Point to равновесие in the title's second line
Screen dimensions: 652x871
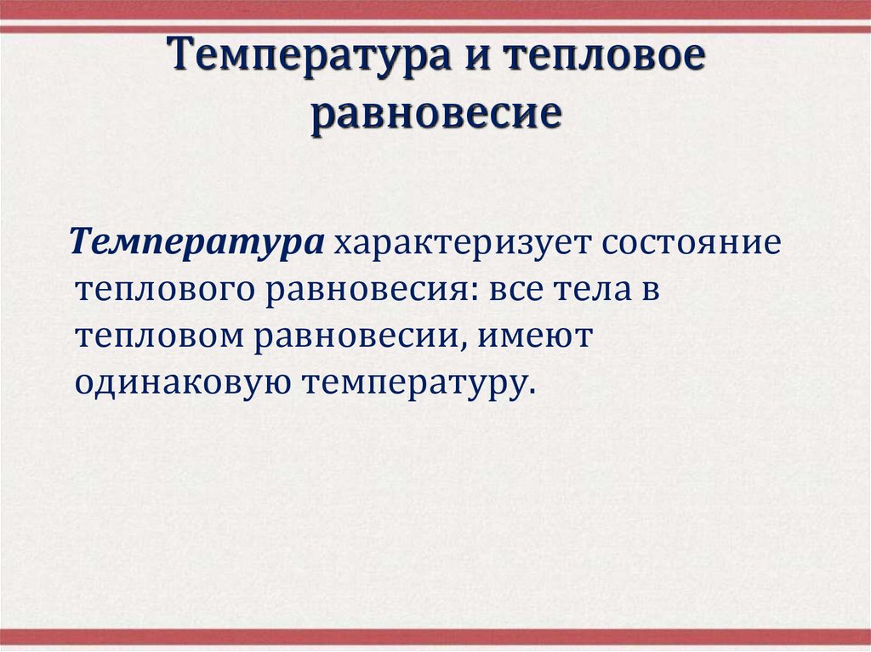coord(435,114)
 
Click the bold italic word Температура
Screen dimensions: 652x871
coord(197,244)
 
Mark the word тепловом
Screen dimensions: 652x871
coord(156,337)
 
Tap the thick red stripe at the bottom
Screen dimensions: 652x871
coord(435,636)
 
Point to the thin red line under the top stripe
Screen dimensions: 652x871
coord(435,29)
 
